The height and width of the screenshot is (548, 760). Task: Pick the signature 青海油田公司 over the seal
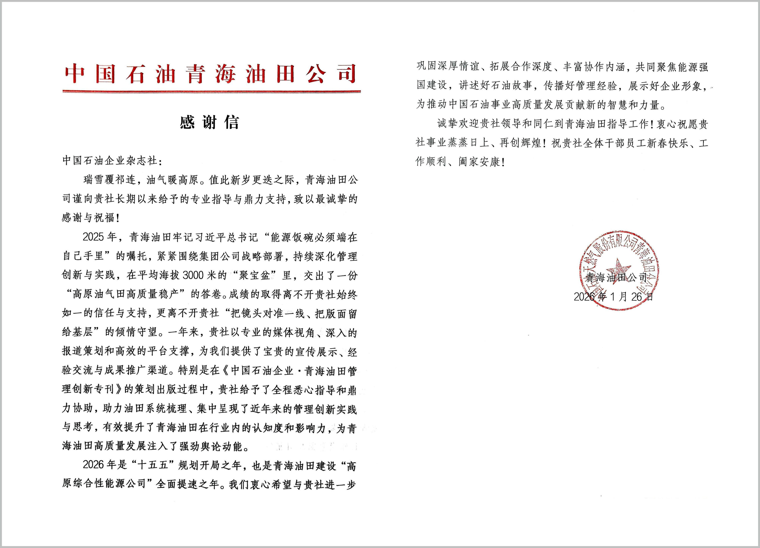[x=616, y=278]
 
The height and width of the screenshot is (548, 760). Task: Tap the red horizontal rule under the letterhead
[x=211, y=91]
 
